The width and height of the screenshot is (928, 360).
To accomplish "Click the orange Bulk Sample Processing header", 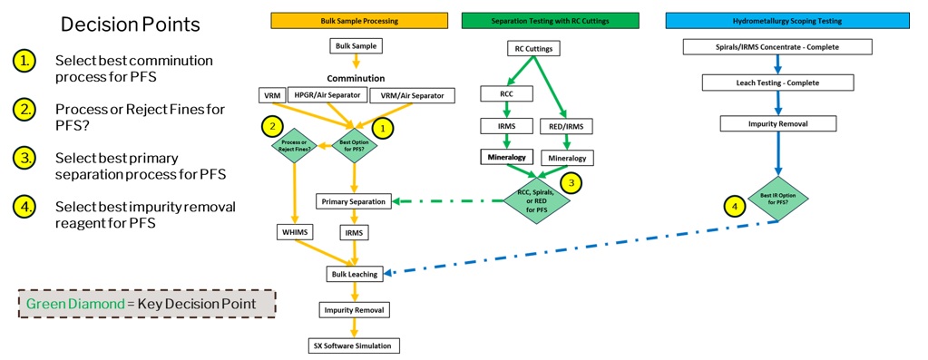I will [358, 20].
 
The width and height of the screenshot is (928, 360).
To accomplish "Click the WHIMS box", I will [294, 233].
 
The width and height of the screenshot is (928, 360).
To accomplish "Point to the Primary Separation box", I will [355, 201].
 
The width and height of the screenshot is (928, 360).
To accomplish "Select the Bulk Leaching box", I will [355, 272].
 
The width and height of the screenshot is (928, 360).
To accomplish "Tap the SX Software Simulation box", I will [355, 345].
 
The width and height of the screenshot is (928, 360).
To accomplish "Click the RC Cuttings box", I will [533, 49].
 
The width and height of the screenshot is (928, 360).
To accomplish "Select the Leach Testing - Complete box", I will [777, 83].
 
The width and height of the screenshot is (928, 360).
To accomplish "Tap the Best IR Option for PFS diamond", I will [777, 196].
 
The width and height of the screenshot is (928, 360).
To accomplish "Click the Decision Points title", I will [130, 24].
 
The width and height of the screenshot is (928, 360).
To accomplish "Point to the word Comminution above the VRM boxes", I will [357, 78].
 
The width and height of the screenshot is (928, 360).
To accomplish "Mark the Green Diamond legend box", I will [147, 304].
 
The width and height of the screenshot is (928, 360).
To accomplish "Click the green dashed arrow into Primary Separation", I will [449, 201].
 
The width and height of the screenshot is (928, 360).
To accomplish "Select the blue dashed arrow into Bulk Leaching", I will [581, 248].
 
